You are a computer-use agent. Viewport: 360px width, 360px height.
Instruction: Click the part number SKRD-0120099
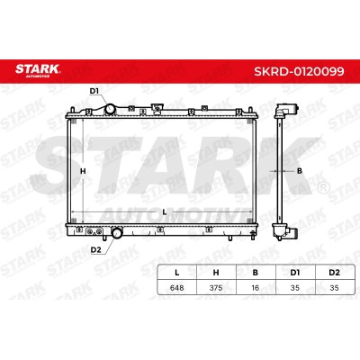[x=299, y=71]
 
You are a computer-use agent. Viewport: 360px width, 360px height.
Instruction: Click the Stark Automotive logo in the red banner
[x=38, y=70]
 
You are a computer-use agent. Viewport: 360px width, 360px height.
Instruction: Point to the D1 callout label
[x=94, y=91]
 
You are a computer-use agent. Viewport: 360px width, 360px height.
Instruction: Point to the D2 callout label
[x=95, y=249]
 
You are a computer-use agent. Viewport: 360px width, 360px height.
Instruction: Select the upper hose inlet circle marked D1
[x=110, y=109]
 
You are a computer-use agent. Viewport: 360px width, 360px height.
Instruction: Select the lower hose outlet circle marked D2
[x=117, y=233]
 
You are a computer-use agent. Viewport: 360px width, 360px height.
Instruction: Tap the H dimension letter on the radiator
[x=83, y=171]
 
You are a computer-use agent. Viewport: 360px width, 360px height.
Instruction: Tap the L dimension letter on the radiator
[x=165, y=212]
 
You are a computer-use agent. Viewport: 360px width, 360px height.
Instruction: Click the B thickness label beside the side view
[x=299, y=171]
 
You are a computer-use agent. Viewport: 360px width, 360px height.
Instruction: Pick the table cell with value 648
[x=177, y=288]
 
